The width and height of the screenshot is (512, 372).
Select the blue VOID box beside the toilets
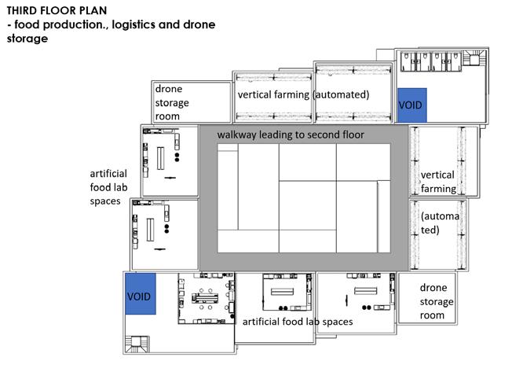[x=411, y=105]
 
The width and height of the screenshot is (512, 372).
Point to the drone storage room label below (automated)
[x=437, y=301]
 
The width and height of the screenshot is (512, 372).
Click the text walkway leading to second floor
[x=302, y=134]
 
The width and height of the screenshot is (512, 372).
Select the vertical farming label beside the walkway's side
[x=438, y=181]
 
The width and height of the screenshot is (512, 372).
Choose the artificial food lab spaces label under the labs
[x=297, y=322]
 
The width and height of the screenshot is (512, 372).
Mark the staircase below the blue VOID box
[x=139, y=343]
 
